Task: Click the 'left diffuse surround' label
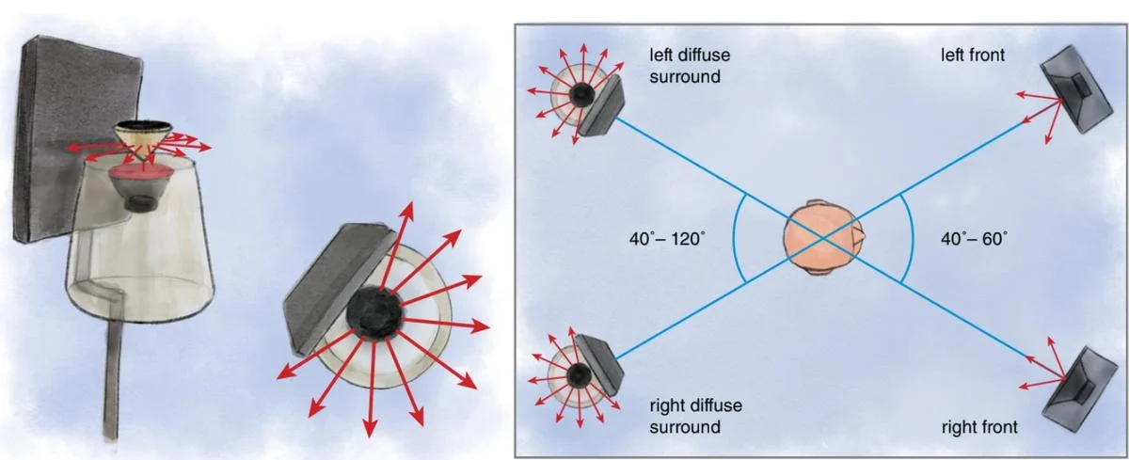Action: [x=690, y=66]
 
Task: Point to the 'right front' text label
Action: [x=979, y=427]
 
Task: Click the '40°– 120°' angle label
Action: [x=667, y=239]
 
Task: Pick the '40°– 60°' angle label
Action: [x=974, y=239]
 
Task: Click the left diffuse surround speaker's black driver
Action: [x=582, y=94]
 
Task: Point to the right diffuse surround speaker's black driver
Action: [x=579, y=374]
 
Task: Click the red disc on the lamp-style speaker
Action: [x=136, y=175]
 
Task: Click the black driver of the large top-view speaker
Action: [x=374, y=311]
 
